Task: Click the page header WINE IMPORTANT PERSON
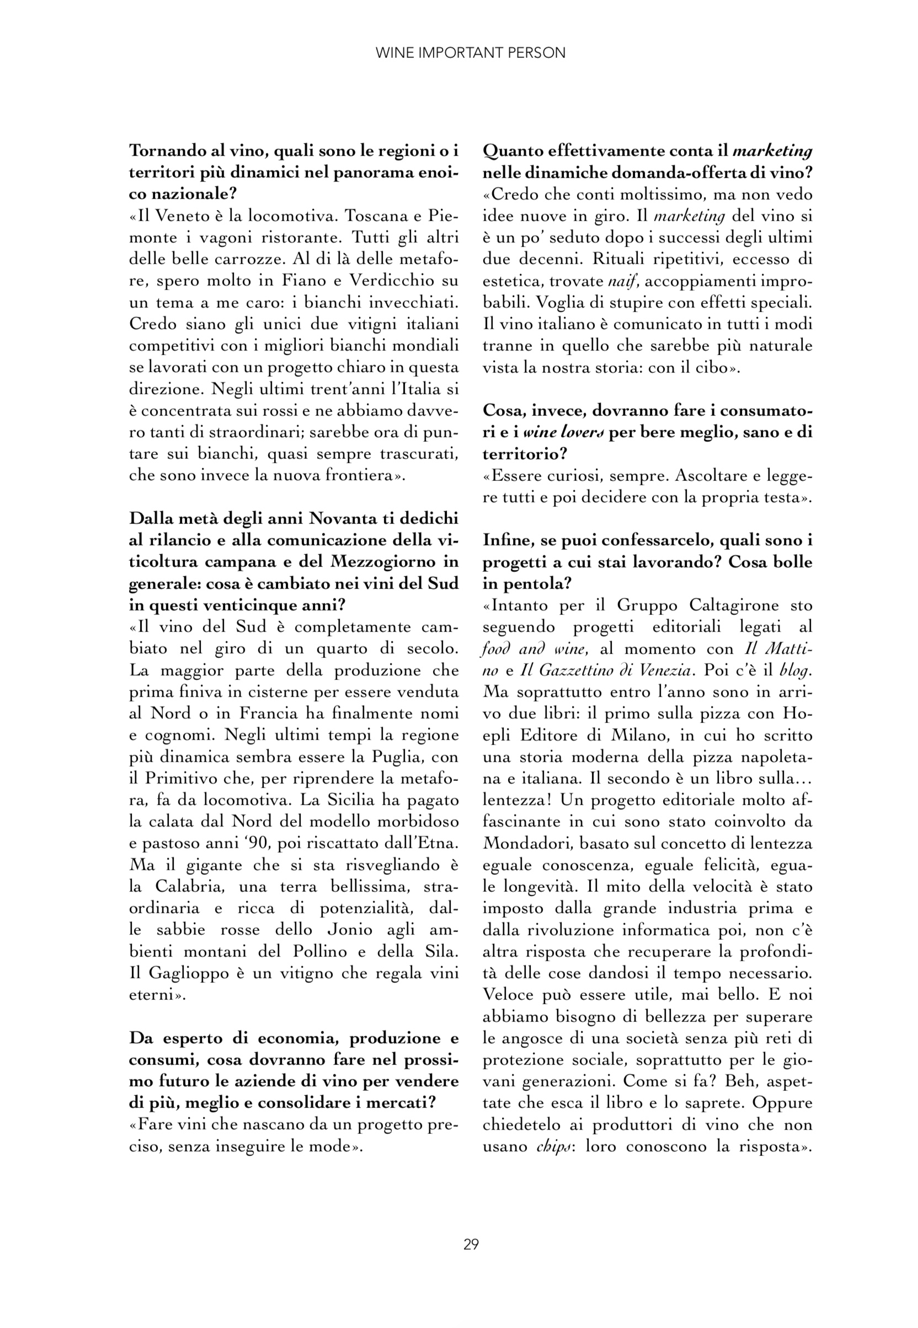(x=470, y=53)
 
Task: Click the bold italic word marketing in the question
(x=772, y=151)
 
